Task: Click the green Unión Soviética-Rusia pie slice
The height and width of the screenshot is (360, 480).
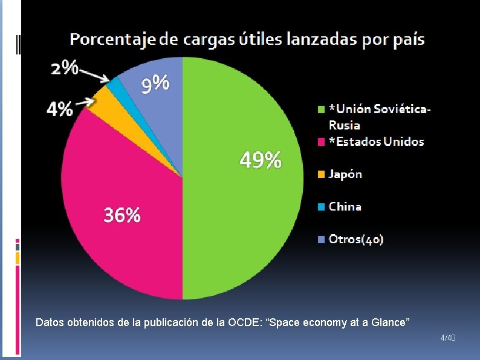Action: (242, 212)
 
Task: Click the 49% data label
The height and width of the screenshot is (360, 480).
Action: (261, 160)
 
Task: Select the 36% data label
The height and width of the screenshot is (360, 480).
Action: (122, 215)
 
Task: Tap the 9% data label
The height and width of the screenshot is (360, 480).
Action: (155, 84)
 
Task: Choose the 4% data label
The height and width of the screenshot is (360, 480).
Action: (60, 110)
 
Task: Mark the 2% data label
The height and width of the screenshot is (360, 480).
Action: (64, 68)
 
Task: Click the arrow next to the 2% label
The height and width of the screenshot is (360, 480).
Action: (94, 74)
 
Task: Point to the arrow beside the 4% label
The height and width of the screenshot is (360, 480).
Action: (84, 103)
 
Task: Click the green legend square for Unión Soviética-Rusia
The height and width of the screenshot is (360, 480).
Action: (322, 110)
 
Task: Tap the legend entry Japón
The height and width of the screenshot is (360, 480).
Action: (345, 174)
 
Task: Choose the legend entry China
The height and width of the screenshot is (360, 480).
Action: (345, 207)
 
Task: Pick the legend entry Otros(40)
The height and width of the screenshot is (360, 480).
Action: (355, 240)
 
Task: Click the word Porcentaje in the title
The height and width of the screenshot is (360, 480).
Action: (112, 40)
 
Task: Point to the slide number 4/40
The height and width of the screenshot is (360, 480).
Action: (448, 336)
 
